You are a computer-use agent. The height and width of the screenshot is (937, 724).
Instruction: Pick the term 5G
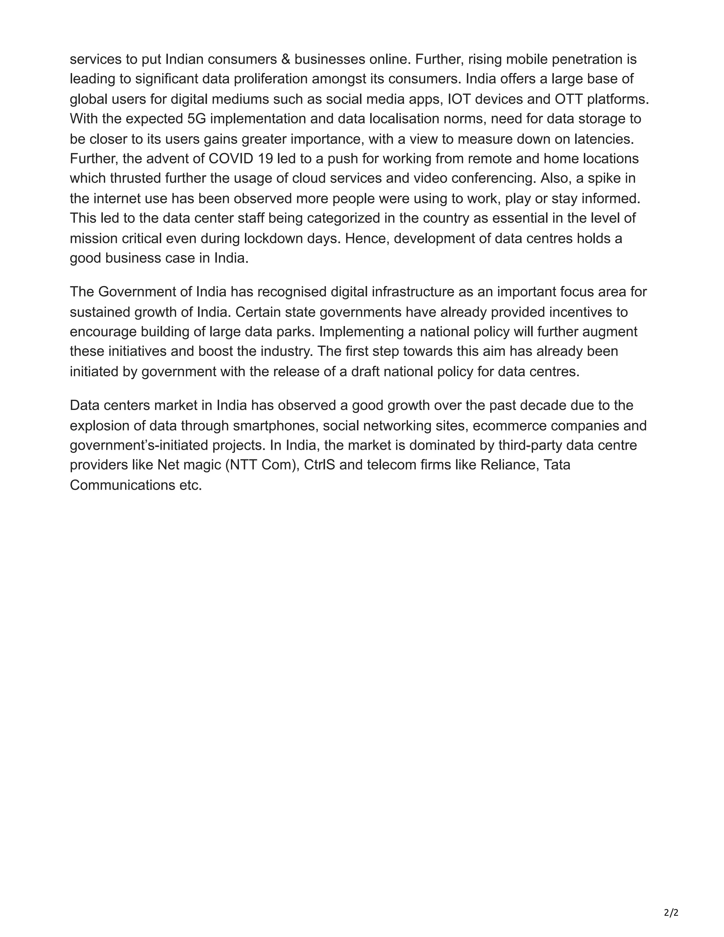click(197, 119)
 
